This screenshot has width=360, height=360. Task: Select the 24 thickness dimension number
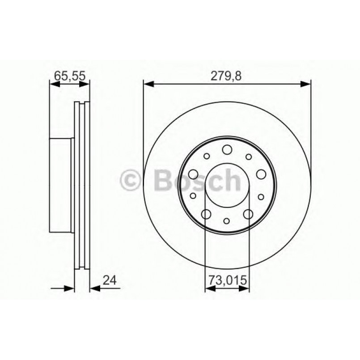pos(110,280)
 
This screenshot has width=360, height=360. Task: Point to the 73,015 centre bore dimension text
pos(227,280)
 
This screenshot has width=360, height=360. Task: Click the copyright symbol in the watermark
pos(131,180)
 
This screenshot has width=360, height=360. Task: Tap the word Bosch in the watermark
pos(197,180)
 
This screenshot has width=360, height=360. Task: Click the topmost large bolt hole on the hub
pos(227,149)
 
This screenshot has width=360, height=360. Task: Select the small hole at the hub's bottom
pos(227,220)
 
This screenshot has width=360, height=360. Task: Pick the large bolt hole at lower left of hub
pos(206,214)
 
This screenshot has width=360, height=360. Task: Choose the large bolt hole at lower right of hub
pos(248,214)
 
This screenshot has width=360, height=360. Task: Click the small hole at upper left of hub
pos(206,156)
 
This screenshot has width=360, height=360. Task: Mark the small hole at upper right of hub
pos(248,156)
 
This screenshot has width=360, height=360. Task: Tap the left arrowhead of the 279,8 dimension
pos(148,83)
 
